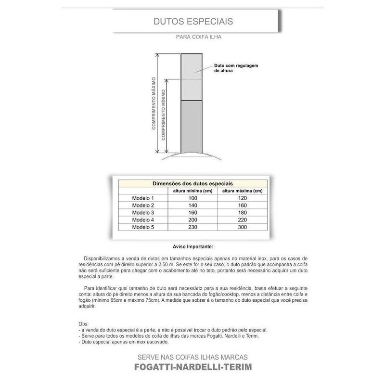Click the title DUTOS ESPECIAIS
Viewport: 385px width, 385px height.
pos(193,22)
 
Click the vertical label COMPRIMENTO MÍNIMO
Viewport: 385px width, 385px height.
pos(164,115)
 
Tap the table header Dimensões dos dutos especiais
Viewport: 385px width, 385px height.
pos(192,183)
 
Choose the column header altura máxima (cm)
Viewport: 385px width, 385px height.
pos(242,191)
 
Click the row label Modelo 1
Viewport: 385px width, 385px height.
pos(143,198)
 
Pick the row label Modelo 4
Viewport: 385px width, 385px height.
pos(143,219)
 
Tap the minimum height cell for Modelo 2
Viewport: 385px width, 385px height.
pos(193,205)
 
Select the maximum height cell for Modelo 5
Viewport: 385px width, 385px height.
pos(242,226)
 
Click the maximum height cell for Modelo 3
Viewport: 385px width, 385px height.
pos(242,212)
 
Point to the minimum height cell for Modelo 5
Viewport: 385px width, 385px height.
pos(193,226)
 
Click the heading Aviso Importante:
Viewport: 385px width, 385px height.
pos(193,246)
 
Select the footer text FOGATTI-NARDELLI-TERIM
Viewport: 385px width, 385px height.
pos(192,368)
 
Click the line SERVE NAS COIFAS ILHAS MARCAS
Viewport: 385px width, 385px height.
pos(192,357)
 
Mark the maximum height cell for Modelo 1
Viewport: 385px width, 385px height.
pos(242,198)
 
